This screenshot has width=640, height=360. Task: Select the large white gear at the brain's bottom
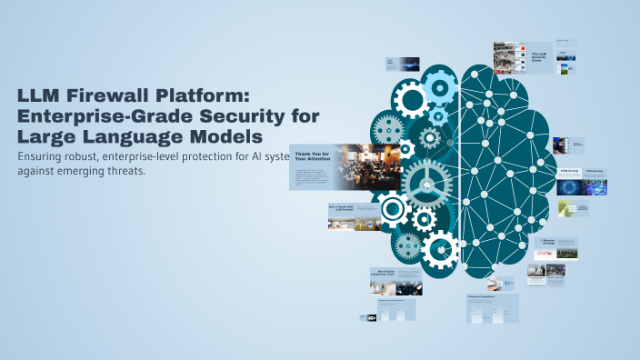pos(441,248)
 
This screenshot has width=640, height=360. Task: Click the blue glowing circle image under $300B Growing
pos(572,186)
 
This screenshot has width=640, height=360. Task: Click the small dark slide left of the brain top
pos(401,64)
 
